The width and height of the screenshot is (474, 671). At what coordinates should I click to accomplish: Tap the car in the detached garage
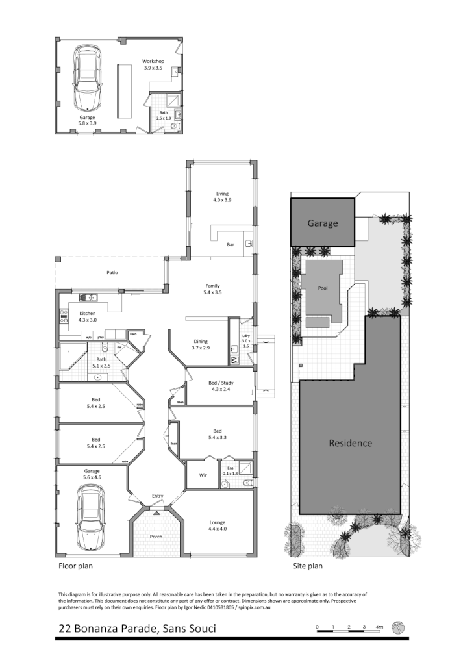coord(88,78)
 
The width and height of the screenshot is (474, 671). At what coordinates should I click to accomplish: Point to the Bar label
coord(230,245)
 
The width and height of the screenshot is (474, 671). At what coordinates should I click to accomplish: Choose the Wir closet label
coord(202,475)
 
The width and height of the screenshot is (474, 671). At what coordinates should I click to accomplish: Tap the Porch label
coord(156,537)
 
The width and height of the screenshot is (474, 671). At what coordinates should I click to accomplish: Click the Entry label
coord(157,496)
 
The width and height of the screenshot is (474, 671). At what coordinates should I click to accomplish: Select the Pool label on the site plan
coord(323,287)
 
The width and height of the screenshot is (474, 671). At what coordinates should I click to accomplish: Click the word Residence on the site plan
coord(350,443)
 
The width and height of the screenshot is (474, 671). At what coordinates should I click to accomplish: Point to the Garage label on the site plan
coord(323,223)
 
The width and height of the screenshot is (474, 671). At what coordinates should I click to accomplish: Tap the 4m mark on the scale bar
coord(380,627)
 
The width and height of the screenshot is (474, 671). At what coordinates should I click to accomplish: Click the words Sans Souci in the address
coord(184,629)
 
